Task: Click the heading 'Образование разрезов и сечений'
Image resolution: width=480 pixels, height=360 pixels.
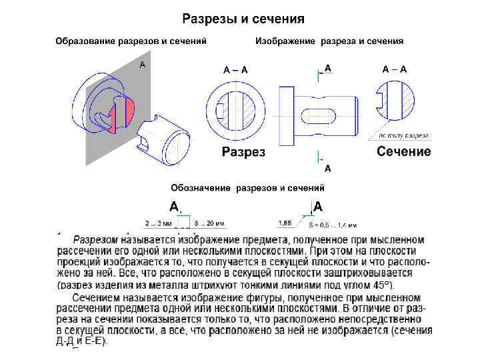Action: (x=131, y=41)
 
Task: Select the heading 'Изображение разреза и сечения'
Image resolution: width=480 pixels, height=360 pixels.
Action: (x=329, y=41)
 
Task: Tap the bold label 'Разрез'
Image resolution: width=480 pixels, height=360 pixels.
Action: (x=243, y=151)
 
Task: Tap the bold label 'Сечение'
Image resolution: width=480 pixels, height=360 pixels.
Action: (x=404, y=151)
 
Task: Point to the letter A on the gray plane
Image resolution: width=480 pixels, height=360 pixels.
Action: (x=142, y=65)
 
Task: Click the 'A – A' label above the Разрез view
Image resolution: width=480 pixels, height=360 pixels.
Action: (x=236, y=69)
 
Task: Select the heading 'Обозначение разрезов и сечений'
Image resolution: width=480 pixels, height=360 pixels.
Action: (x=247, y=188)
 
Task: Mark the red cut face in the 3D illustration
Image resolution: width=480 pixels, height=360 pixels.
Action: (x=128, y=111)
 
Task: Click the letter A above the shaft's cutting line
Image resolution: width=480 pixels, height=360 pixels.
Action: (x=328, y=68)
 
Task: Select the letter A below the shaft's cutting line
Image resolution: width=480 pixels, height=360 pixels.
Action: (x=328, y=168)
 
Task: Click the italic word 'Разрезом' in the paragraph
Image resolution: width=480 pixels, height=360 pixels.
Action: (x=95, y=239)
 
